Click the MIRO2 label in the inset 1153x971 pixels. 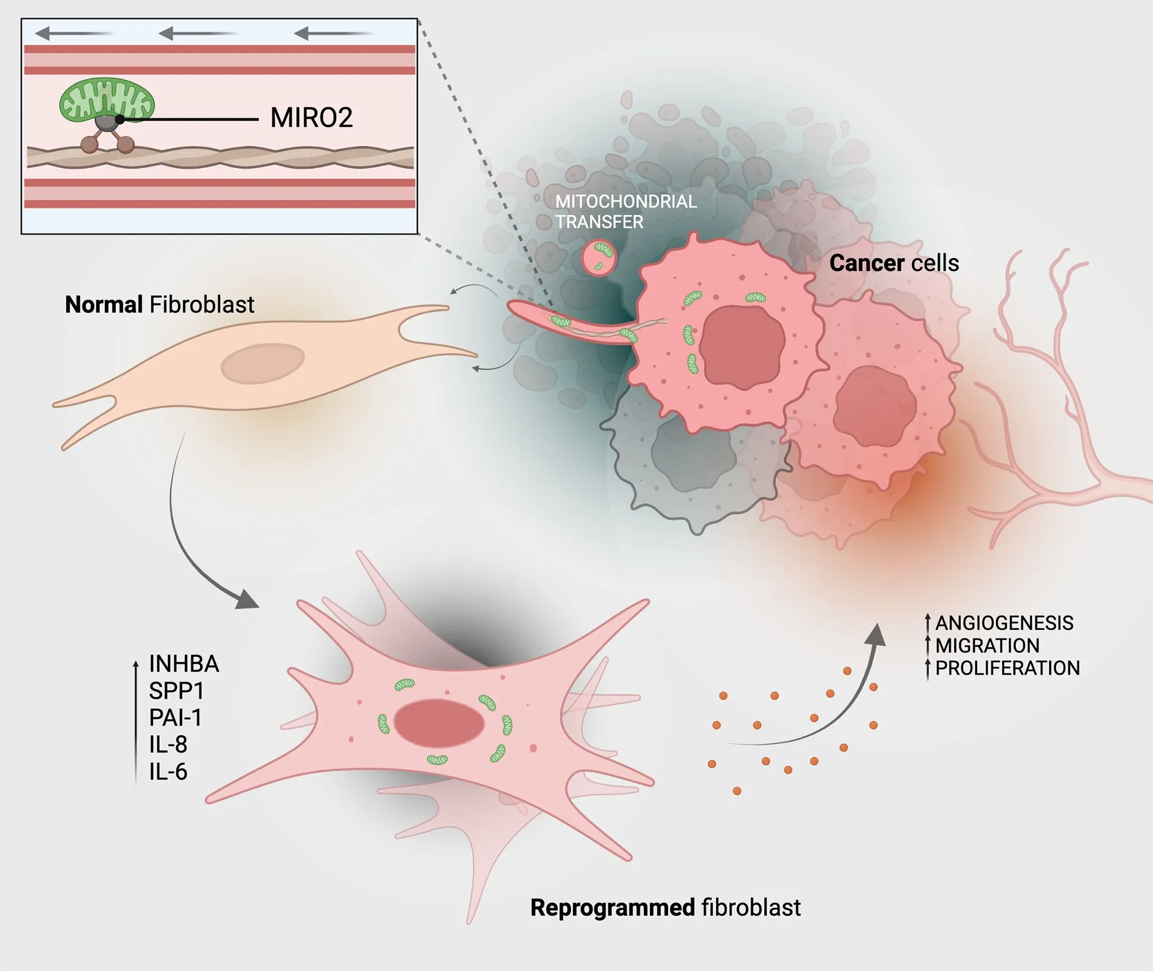coord(311,118)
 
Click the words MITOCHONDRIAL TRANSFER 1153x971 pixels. coord(626,211)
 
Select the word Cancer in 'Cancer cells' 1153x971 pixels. coord(866,263)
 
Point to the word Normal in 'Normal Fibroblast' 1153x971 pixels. coord(104,304)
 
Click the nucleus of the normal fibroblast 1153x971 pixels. coord(263,363)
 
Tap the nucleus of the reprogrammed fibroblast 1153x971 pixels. coord(439,723)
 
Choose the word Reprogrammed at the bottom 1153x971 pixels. coord(613,908)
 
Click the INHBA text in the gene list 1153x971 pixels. coord(184,664)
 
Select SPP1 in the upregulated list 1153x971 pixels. coord(176,691)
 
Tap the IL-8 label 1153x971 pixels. coord(168,745)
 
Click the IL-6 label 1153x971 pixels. coord(168,772)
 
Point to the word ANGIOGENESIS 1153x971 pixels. coord(1004,623)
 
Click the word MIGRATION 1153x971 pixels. coord(988,645)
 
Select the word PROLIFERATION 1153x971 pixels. coord(1007,668)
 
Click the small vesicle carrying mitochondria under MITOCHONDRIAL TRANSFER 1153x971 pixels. coord(599,258)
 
